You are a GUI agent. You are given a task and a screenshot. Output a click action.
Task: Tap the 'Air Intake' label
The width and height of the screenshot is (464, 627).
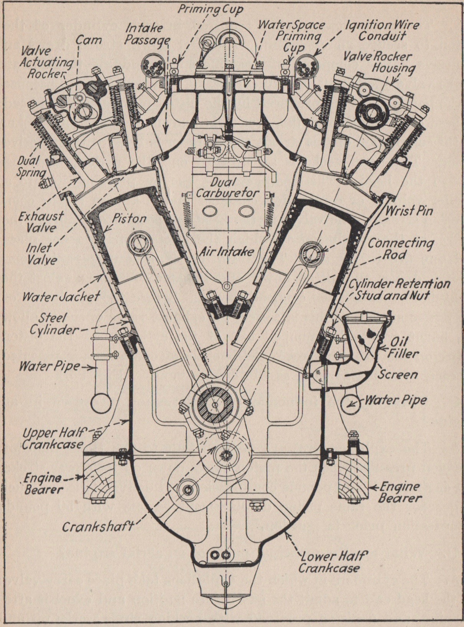(x=226, y=251)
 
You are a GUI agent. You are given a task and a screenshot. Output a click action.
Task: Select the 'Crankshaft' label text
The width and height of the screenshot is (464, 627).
(x=98, y=526)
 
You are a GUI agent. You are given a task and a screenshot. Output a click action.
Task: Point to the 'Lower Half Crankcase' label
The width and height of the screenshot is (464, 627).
(x=329, y=562)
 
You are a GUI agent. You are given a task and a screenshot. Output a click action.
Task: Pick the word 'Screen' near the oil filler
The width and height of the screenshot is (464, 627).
(x=397, y=374)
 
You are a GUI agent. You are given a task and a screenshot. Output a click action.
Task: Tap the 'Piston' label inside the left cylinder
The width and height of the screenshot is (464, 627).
(x=129, y=218)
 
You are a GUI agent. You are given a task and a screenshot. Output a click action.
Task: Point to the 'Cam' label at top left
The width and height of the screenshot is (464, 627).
(x=89, y=39)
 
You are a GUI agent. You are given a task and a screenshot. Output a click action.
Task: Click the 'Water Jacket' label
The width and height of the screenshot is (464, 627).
(x=61, y=296)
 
